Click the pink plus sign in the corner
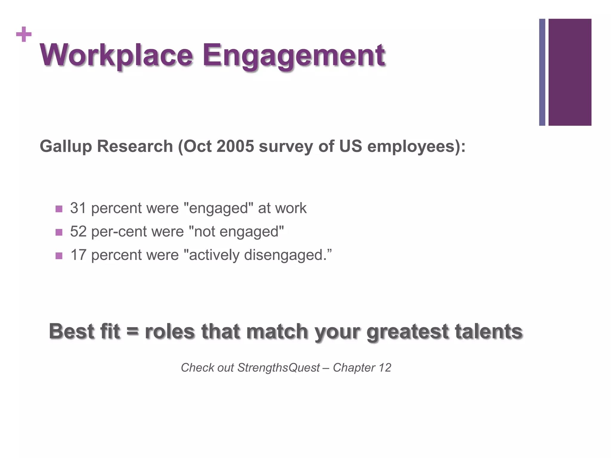[x=24, y=35]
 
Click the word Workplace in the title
[x=116, y=55]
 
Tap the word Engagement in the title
[x=294, y=55]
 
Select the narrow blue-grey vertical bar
[x=542, y=72]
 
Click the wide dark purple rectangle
[x=570, y=72]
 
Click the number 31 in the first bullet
[x=78, y=208]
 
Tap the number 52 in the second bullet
[x=78, y=232]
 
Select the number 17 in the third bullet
[x=78, y=255]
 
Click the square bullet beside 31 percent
[x=59, y=209]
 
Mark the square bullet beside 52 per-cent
[x=59, y=232]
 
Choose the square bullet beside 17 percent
[x=59, y=256]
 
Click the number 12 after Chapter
[x=385, y=368]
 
